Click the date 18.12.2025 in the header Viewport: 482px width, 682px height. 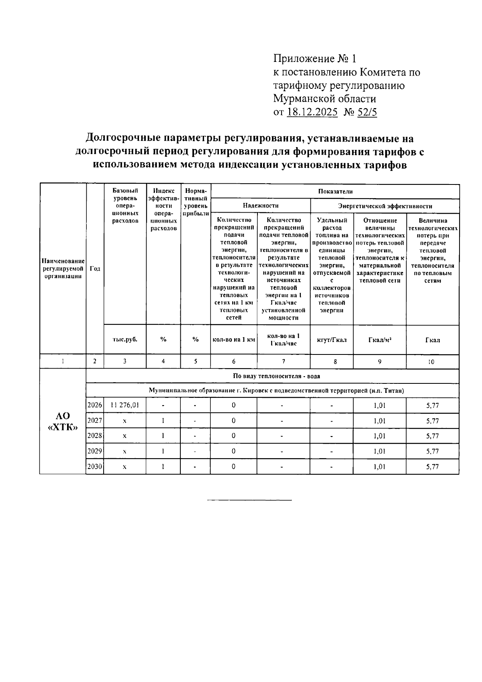point(312,112)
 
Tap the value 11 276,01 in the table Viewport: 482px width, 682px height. point(125,405)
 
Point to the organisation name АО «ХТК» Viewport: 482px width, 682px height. point(62,421)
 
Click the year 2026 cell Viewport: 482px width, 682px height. point(95,405)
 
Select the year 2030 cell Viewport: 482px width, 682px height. point(95,467)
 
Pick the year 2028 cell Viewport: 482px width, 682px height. point(95,436)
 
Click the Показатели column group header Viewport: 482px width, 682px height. point(335,191)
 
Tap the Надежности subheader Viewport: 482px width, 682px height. point(260,206)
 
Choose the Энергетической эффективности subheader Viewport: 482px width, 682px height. point(385,206)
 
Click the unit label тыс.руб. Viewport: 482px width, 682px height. point(125,340)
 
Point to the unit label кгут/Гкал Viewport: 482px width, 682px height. point(331,340)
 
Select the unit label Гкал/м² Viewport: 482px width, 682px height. point(380,340)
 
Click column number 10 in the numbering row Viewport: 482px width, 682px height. point(432,362)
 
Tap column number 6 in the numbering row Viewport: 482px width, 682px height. point(233,361)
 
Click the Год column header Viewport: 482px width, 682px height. point(95,269)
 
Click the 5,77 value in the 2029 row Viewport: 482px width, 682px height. point(432,451)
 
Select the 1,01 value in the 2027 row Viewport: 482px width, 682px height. point(380,421)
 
